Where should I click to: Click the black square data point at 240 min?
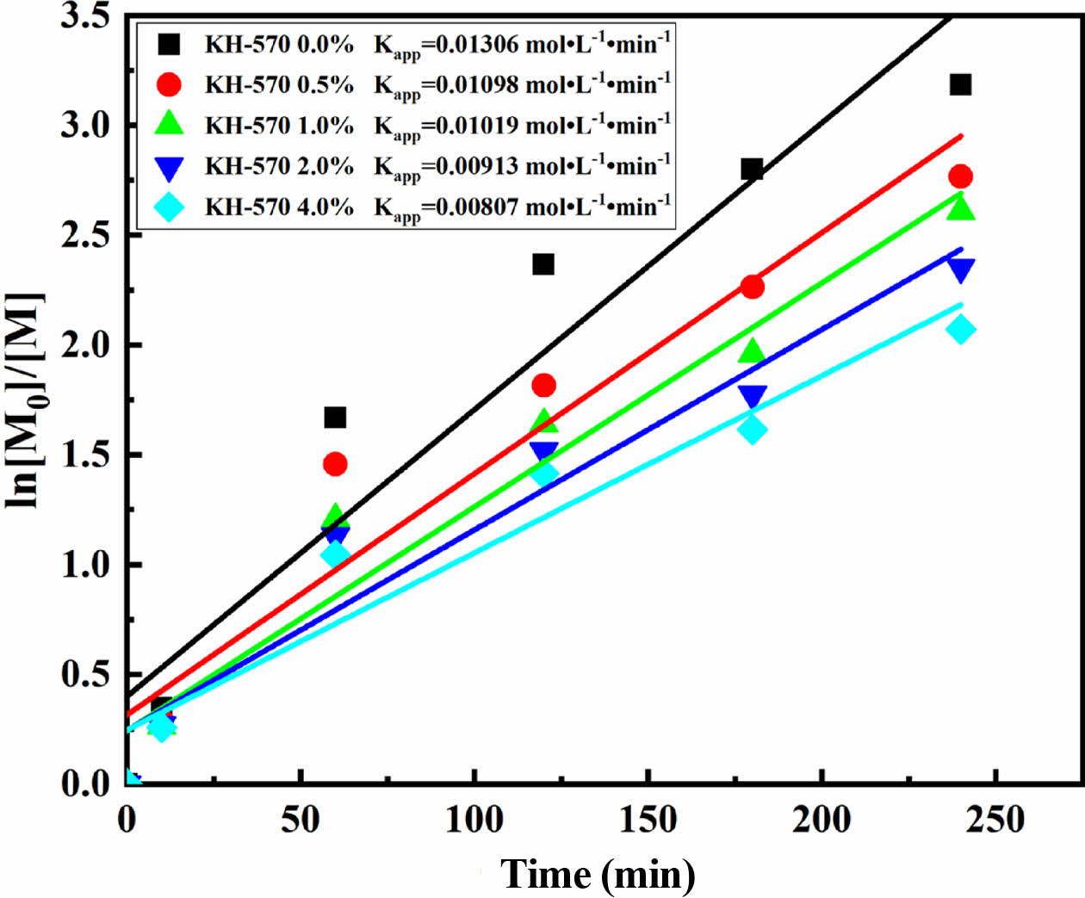point(960,84)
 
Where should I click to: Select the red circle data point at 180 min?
point(752,287)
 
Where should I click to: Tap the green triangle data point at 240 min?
point(960,209)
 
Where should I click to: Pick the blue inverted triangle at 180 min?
point(753,396)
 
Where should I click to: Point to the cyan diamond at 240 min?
point(960,329)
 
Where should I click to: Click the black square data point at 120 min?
point(542,264)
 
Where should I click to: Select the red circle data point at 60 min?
point(335,464)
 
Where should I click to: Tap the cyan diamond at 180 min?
point(753,430)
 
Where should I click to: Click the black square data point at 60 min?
point(335,418)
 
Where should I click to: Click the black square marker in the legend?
point(170,44)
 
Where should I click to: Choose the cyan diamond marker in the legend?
point(170,207)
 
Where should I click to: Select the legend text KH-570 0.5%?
point(278,84)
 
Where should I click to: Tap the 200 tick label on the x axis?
point(821,820)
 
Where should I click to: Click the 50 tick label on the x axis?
point(301,820)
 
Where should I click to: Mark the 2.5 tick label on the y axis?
point(86,235)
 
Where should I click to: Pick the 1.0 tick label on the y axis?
point(86,565)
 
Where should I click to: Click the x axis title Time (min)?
point(598,875)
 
